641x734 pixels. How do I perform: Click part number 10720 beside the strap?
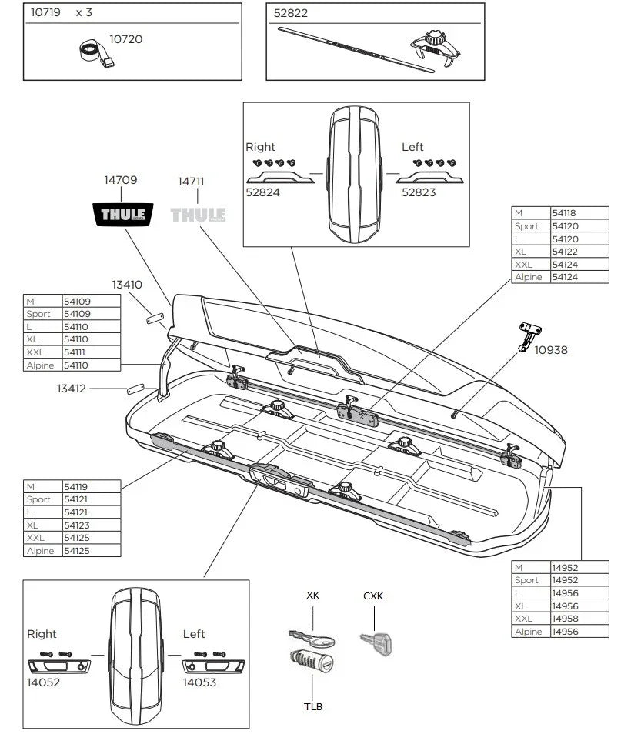pos(125,38)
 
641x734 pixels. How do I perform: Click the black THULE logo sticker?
pos(122,214)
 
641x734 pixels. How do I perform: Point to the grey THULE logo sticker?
pos(198,214)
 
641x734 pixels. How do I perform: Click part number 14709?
pos(121,180)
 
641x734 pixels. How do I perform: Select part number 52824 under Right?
pos(262,192)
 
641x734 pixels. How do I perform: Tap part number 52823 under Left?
pos(419,192)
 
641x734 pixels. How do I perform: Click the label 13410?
pos(127,284)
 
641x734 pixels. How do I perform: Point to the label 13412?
pos(72,389)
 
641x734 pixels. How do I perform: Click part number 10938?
pos(551,349)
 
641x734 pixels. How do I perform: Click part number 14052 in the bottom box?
pos(43,681)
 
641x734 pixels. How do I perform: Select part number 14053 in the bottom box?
pos(199,681)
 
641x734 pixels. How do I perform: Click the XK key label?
pos(312,596)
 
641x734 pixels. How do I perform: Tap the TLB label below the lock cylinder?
pos(312,706)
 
